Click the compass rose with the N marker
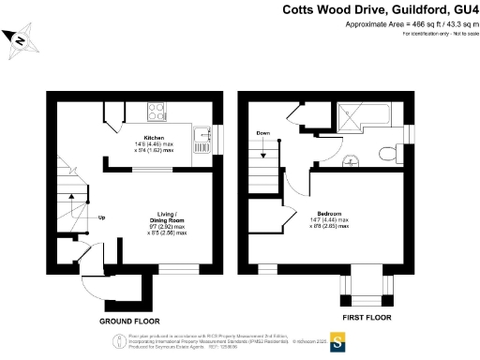point(20,38)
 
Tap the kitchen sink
point(201,143)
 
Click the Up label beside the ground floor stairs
point(101,220)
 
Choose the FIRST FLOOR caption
point(366,319)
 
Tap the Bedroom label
point(329,212)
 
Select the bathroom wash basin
point(352,160)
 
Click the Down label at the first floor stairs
point(263,134)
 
